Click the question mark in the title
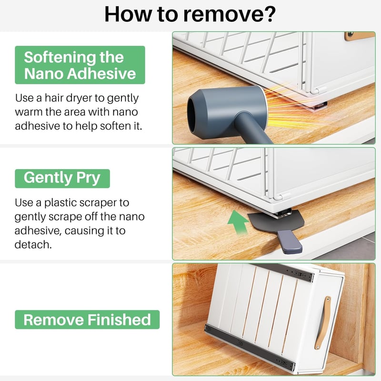pyautogui.click(x=269, y=14)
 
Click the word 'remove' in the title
pyautogui.click(x=221, y=16)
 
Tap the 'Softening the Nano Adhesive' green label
pyautogui.click(x=80, y=65)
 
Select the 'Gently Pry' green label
pyautogui.click(x=62, y=179)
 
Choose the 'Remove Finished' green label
pyautogui.click(x=87, y=320)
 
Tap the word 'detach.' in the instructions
pyautogui.click(x=33, y=245)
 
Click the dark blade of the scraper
pyautogui.click(x=276, y=220)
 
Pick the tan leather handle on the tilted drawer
pyautogui.click(x=323, y=323)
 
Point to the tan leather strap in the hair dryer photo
pyautogui.click(x=359, y=36)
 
